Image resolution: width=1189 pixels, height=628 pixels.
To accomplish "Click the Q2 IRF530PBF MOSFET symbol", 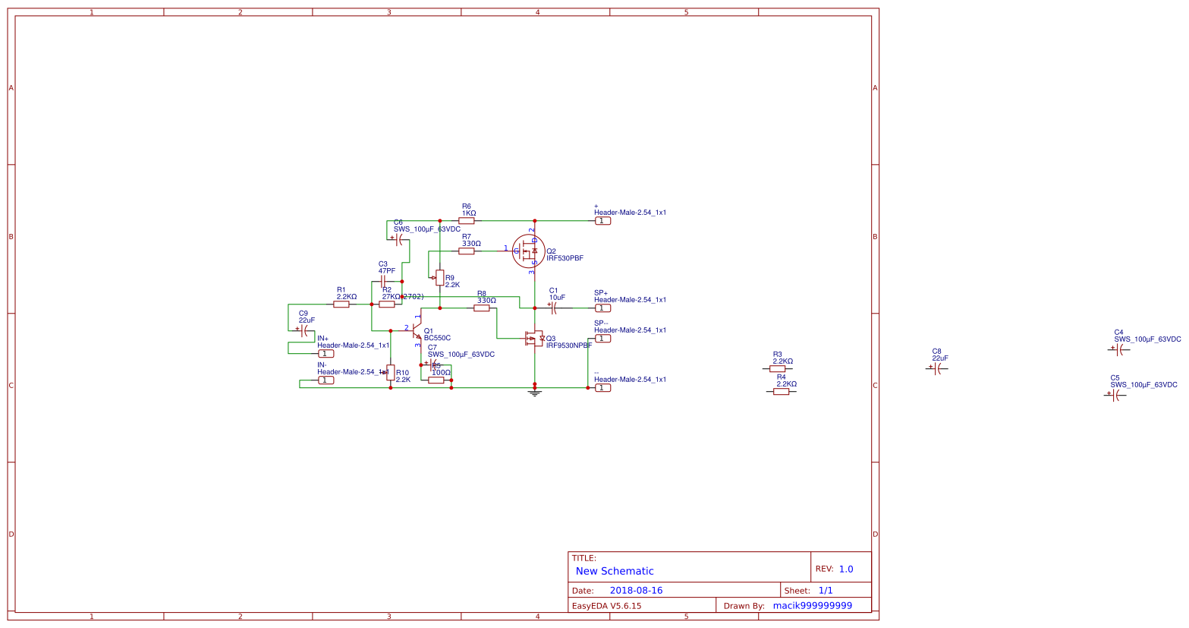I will coord(527,251).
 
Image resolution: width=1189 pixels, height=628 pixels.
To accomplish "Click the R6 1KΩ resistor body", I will coord(466,221).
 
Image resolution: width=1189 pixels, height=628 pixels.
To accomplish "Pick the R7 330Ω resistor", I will coord(466,251).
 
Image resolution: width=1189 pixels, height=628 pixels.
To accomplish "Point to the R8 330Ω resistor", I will coord(482,308).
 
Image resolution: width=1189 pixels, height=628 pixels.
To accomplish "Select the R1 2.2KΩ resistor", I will coord(341,304).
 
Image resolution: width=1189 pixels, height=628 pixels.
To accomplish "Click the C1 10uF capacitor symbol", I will coord(554,308).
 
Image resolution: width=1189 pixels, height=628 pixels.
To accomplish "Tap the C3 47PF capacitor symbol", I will coord(384,281).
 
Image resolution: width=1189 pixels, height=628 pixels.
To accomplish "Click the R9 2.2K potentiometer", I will coord(440,278).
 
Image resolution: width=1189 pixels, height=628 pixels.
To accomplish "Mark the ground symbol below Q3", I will coord(535,393).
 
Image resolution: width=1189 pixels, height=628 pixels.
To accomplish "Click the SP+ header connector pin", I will coord(602,308).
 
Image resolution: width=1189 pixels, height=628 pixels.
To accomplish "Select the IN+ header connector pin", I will coord(326,353).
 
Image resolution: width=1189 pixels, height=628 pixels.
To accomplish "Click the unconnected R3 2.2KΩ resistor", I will coord(777,368).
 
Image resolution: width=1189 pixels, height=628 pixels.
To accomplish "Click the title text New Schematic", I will coord(614,571).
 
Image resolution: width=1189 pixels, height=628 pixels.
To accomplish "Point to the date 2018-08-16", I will coord(636,590).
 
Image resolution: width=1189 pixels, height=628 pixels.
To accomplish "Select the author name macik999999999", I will coord(812,605).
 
